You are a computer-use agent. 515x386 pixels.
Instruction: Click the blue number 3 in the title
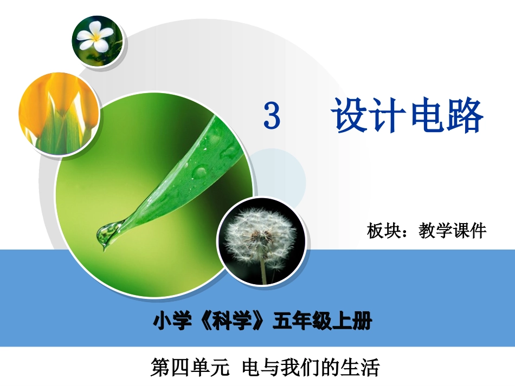(x=272, y=116)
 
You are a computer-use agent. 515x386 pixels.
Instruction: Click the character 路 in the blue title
(x=464, y=116)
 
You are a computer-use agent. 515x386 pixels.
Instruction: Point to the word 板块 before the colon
(x=385, y=232)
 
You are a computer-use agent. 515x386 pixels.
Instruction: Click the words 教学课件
(x=453, y=232)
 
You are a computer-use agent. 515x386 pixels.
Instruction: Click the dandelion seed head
(x=260, y=233)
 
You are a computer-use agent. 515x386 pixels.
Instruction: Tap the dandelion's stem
(x=263, y=271)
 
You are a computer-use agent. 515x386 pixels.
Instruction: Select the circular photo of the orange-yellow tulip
(x=58, y=114)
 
